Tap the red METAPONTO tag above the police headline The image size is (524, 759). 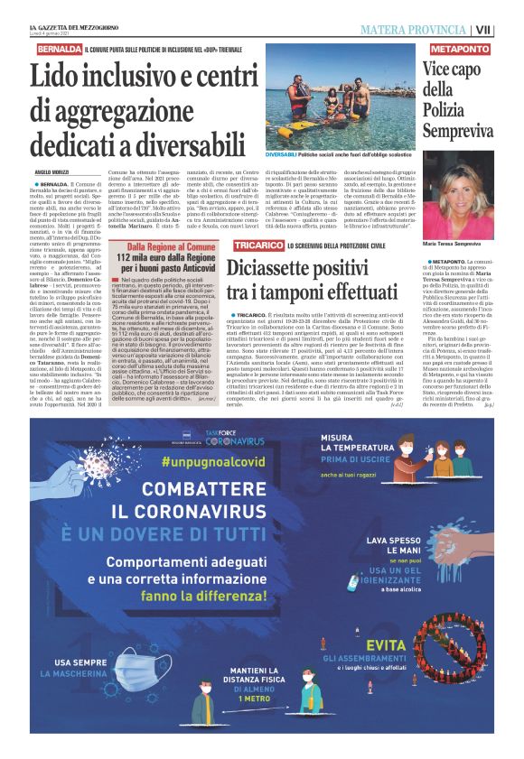tap(460, 48)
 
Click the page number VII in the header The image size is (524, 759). tap(510, 30)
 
